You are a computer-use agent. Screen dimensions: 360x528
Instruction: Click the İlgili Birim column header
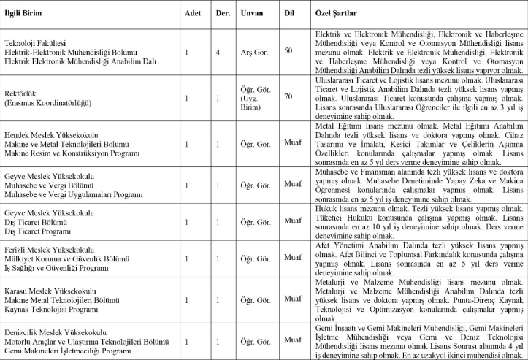tap(23, 14)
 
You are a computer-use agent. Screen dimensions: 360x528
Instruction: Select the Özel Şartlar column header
tap(335, 14)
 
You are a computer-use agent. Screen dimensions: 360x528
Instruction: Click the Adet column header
tap(192, 14)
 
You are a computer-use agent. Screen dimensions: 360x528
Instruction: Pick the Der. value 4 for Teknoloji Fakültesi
tap(218, 52)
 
